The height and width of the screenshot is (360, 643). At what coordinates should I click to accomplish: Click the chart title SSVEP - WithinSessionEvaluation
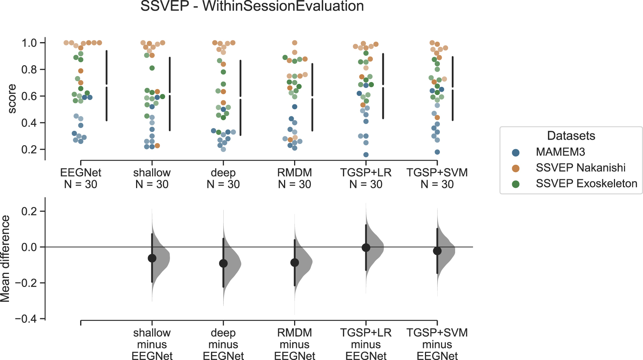[x=252, y=6]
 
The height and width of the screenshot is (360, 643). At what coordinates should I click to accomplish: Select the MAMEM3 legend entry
[x=560, y=152]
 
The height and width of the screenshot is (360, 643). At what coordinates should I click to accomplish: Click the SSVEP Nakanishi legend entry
[x=580, y=168]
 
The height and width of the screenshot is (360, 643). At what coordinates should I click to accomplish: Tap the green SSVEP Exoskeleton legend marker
[x=516, y=184]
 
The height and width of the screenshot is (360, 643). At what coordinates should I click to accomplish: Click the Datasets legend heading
[x=571, y=136]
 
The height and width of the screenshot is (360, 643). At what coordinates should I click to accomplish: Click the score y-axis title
[x=12, y=99]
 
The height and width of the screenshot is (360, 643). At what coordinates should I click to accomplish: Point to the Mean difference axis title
[x=5, y=259]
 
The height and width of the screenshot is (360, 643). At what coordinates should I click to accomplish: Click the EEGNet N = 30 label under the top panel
[x=81, y=179]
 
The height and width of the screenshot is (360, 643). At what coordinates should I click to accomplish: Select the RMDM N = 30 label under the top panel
[x=294, y=179]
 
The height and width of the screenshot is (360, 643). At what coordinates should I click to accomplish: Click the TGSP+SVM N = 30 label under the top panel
[x=437, y=179]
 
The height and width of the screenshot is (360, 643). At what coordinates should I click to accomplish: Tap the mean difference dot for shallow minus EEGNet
[x=152, y=258]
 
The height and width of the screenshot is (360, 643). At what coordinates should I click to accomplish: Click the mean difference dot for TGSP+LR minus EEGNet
[x=366, y=247]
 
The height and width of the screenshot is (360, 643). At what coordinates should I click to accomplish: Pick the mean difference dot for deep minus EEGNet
[x=223, y=263]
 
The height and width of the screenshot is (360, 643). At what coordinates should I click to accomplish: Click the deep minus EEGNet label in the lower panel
[x=223, y=344]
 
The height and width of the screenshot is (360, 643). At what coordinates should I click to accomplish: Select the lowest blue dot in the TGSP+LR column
[x=366, y=155]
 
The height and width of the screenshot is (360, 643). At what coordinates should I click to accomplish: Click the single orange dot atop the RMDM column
[x=294, y=43]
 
